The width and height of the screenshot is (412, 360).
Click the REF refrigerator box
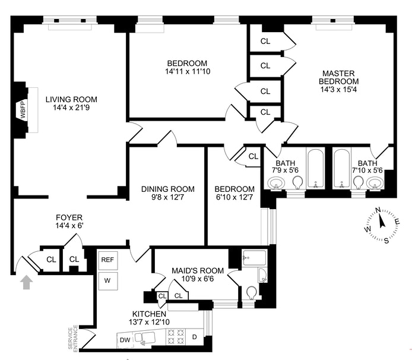tap(107, 260)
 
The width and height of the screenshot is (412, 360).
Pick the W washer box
tap(107, 280)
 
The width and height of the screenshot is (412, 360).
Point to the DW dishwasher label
tap(125, 340)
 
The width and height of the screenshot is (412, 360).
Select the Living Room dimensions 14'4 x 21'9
tap(75, 108)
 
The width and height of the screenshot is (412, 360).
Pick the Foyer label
tap(69, 217)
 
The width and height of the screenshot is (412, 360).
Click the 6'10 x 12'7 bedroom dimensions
tap(234, 198)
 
